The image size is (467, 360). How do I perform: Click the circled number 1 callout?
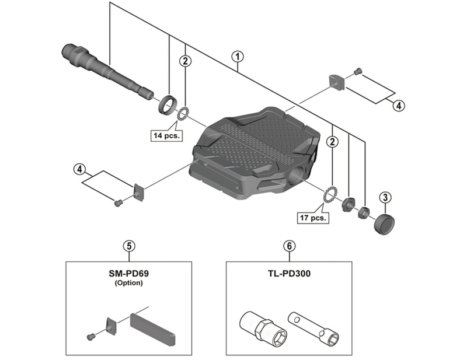coord(237,56)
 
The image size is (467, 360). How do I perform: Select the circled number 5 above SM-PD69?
coord(130,245)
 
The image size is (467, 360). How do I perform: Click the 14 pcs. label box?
coord(165,135)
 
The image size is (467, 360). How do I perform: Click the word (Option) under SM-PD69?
coord(130,283)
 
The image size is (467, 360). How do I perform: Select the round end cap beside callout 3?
coord(384,222)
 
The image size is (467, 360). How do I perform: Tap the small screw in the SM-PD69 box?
coord(90,336)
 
